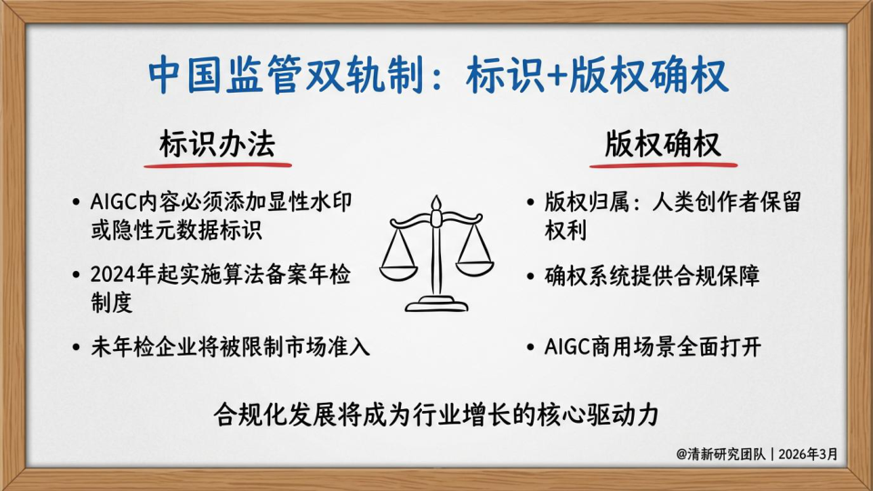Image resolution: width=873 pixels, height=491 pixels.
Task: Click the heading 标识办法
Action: [x=217, y=145]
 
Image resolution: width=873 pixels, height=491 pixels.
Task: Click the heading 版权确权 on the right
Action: [x=663, y=145]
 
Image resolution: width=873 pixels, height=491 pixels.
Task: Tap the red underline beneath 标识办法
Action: [x=217, y=165]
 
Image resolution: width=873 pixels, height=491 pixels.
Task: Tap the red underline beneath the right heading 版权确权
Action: [x=664, y=165]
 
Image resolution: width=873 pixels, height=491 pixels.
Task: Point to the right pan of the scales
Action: [x=475, y=267]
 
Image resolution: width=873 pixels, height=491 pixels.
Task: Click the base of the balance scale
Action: [x=436, y=304]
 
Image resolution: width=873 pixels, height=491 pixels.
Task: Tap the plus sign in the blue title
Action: [x=557, y=76]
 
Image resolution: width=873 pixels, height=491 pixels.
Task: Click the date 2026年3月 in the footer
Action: [x=808, y=455]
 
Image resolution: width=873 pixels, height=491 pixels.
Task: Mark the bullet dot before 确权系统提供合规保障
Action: [x=530, y=276]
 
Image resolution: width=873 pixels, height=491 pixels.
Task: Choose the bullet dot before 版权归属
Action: [x=530, y=203]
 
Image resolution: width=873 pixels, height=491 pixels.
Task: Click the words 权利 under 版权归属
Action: [x=566, y=230]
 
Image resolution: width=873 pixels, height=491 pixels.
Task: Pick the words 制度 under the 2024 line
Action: [x=112, y=302]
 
